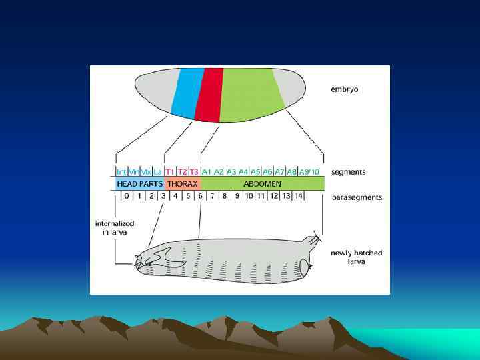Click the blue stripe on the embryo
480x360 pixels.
click(187, 93)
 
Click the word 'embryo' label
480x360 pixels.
click(345, 89)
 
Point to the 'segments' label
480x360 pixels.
click(349, 172)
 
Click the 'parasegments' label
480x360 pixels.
click(357, 197)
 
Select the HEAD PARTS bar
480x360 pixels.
click(139, 183)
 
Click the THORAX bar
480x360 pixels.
click(182, 183)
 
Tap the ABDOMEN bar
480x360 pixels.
click(262, 183)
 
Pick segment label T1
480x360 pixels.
click(170, 171)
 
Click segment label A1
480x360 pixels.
click(207, 171)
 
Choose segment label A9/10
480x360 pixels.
click(309, 171)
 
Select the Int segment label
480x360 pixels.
click(121, 171)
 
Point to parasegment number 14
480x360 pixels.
click(299, 196)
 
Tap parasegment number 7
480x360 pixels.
click(212, 196)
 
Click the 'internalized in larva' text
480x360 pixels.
click(115, 227)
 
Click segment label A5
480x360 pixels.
click(255, 171)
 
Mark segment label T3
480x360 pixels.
click(194, 171)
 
